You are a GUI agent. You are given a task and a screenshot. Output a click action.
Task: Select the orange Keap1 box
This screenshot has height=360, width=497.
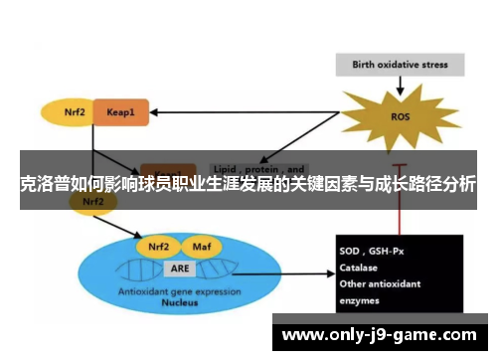click(121, 112)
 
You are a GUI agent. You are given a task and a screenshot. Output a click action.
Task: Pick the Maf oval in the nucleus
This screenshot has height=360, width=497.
click(199, 245)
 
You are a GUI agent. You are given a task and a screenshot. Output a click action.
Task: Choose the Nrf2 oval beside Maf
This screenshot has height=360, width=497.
click(158, 245)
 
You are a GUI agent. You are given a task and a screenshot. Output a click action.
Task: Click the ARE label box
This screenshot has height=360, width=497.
click(180, 268)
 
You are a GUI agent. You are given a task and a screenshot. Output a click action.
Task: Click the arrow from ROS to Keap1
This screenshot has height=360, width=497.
click(248, 111)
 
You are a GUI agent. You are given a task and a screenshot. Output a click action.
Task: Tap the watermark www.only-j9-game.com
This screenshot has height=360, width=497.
click(378, 335)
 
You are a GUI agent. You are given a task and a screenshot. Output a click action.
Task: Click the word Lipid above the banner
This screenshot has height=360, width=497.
click(227, 168)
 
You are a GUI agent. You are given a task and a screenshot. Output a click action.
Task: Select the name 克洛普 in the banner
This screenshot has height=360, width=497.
click(44, 184)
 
